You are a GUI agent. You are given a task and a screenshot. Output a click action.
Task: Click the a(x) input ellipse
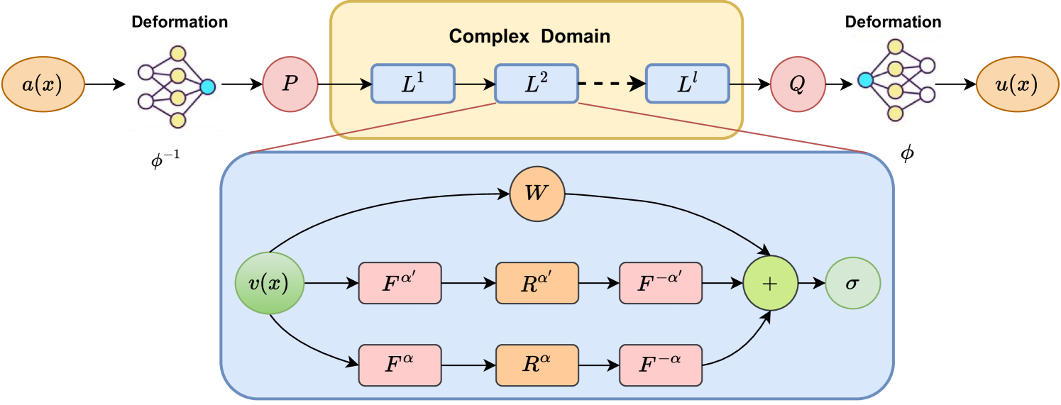(43, 85)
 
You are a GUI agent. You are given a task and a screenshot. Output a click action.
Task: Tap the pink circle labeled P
(290, 84)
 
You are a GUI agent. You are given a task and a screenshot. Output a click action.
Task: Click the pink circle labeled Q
(798, 84)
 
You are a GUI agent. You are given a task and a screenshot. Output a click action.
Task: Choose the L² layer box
(536, 84)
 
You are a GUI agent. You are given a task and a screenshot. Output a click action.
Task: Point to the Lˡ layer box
(687, 84)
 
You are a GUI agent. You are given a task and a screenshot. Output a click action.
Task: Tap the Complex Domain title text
(529, 36)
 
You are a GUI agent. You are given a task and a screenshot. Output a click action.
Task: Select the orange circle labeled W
(537, 194)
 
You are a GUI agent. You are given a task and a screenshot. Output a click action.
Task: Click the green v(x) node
(270, 283)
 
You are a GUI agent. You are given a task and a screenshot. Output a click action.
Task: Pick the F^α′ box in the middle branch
(400, 283)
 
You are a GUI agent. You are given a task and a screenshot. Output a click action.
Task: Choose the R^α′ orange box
(537, 283)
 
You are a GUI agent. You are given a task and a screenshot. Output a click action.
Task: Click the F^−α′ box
(661, 283)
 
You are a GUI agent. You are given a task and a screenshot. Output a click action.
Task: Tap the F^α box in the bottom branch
(400, 365)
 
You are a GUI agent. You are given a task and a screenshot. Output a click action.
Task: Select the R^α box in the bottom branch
(537, 365)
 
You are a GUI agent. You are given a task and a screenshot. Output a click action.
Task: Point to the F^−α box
(661, 365)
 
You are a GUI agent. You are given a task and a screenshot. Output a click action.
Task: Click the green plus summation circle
(770, 283)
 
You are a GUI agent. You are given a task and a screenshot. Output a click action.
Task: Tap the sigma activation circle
(852, 283)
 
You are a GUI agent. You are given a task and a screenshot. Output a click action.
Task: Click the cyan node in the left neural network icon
(207, 87)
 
